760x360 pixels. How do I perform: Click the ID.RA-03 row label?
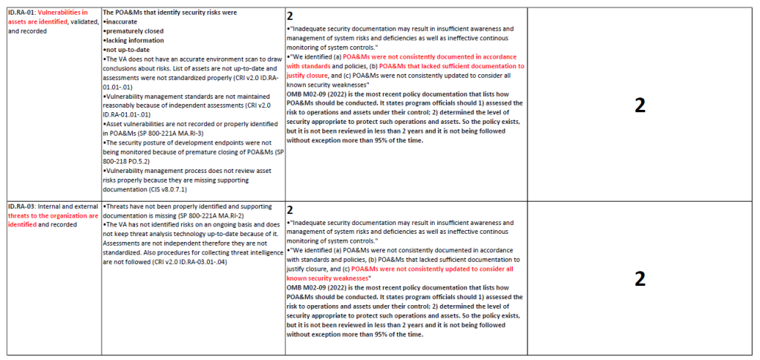22,206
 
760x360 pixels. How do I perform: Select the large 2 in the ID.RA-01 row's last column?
640,105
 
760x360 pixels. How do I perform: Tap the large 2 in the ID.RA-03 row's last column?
640,278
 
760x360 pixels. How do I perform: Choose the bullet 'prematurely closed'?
134,31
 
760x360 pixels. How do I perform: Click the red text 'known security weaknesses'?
327,278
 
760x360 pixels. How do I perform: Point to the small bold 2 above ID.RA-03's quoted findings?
290,210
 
